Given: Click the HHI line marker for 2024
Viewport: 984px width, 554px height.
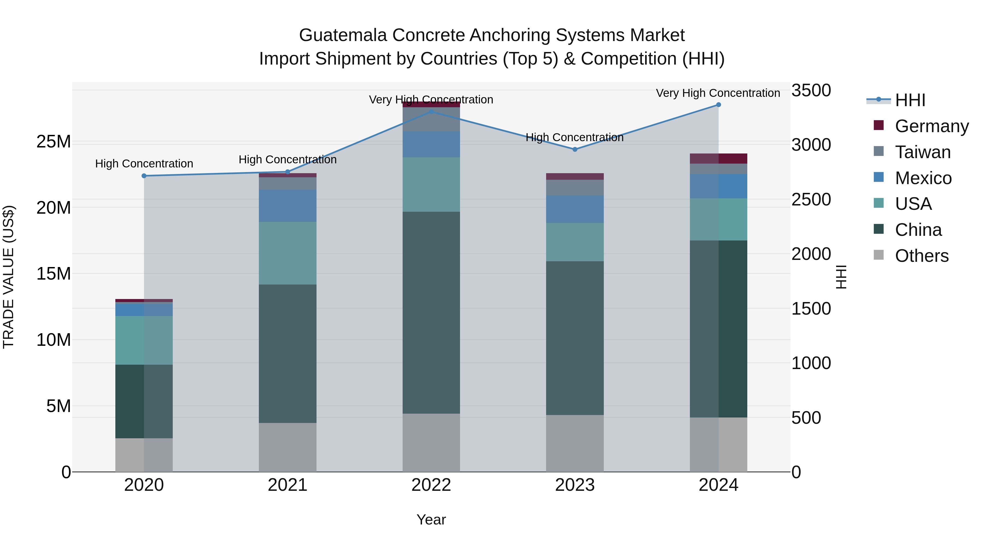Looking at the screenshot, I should pos(718,105).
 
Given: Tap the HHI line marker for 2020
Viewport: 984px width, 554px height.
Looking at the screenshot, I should pos(144,176).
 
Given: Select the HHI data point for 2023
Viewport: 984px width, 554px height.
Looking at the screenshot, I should pos(575,149).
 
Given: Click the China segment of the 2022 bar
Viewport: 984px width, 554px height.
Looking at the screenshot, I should pos(431,312).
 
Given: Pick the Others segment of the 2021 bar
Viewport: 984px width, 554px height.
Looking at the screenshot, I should pos(288,447).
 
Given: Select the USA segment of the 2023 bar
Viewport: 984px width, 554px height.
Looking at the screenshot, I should pos(575,242).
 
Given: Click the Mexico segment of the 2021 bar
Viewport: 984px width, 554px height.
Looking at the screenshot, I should pos(288,206).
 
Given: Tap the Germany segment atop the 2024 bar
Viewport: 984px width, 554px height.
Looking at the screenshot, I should pos(718,158).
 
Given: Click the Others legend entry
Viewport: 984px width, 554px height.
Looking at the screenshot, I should pos(921,256).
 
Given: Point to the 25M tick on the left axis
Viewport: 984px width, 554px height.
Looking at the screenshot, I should pos(54,142).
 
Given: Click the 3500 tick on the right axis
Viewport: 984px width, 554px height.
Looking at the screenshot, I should pos(811,91).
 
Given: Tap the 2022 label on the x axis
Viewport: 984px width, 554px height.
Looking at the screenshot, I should pos(431,485).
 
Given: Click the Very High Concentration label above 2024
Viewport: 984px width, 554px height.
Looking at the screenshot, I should pos(718,93).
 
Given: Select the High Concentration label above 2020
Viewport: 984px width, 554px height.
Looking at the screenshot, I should pos(144,164).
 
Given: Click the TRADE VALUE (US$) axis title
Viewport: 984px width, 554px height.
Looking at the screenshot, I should pos(9,277).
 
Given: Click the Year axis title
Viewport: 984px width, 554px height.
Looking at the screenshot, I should pos(431,520).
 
